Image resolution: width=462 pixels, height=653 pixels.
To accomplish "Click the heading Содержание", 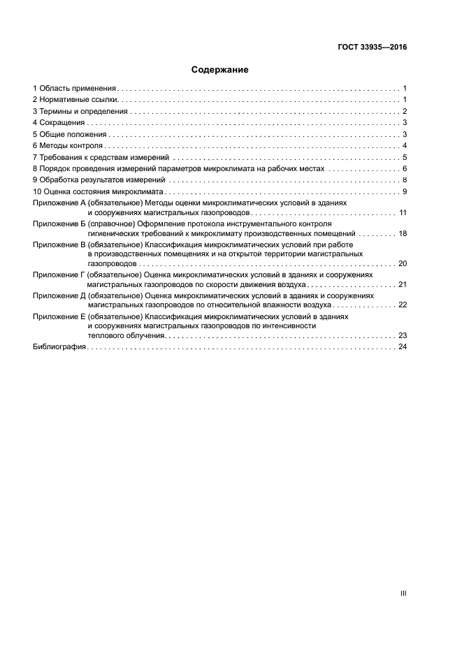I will [x=220, y=70].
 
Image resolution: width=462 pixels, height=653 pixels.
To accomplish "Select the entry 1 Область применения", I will [x=75, y=89].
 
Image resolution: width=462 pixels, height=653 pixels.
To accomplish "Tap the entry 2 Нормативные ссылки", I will [x=75, y=100].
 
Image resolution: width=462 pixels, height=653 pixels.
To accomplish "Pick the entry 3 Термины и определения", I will [x=80, y=111].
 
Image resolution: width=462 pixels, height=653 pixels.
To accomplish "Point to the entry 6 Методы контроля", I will [x=68, y=145].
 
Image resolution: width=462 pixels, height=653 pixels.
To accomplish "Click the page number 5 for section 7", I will [x=405, y=157].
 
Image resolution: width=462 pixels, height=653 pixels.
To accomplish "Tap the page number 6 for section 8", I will [x=405, y=169].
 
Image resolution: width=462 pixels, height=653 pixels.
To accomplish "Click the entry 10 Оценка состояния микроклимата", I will [x=97, y=191].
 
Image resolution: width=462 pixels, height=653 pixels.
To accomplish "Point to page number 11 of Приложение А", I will [x=403, y=212].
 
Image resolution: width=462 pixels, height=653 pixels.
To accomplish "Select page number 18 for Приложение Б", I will [x=403, y=233].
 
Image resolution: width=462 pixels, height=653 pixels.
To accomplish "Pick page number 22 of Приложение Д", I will [x=403, y=305].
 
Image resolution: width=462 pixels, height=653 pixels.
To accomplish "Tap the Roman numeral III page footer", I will [x=403, y=593].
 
